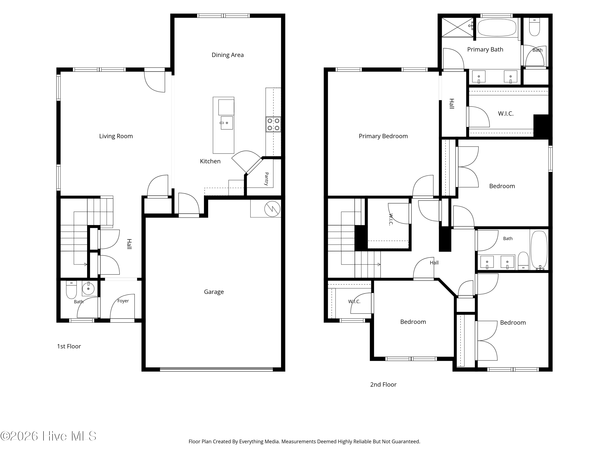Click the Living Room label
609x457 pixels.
(116, 136)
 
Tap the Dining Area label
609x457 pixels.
(227, 55)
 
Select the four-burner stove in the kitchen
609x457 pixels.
(273, 125)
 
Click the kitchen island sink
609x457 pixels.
(226, 123)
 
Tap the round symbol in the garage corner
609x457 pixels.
(272, 209)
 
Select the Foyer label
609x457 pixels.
(123, 301)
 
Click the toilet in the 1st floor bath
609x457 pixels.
(71, 290)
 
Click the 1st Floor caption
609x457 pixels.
(69, 346)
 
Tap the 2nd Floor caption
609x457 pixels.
(383, 384)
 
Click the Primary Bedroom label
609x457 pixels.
(383, 136)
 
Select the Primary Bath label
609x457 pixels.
(485, 50)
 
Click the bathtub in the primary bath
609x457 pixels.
(497, 28)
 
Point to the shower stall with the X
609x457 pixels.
(457, 27)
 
